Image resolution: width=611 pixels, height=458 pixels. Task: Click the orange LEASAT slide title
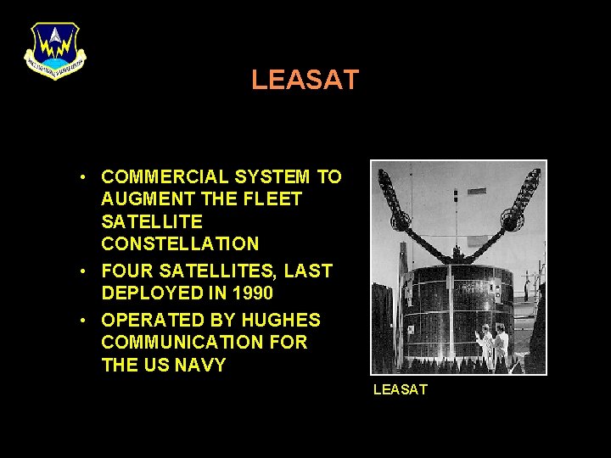305,81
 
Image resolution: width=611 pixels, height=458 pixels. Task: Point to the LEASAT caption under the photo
401,389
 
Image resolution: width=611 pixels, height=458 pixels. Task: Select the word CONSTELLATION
180,244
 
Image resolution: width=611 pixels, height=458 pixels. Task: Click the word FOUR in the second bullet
125,271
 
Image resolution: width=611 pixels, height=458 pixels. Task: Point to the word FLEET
274,199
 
